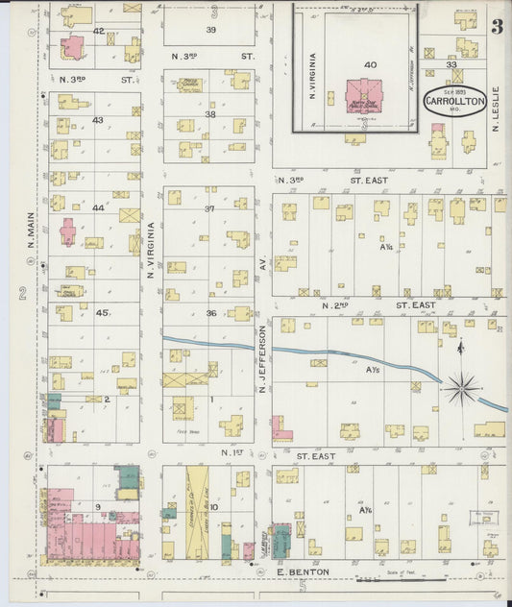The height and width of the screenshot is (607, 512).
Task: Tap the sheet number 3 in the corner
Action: click(497, 27)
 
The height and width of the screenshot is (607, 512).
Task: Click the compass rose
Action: click(461, 388)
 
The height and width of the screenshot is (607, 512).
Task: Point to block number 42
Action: click(98, 31)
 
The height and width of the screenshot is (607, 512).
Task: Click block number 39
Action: click(210, 30)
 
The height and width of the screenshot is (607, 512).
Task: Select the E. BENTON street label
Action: click(303, 571)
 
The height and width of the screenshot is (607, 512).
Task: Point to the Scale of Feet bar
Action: click(401, 579)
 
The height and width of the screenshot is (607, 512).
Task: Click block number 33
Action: click(452, 64)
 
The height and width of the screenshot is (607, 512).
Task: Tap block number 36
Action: click(210, 312)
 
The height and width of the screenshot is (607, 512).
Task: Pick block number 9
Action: click(97, 506)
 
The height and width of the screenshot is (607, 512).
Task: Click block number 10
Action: click(213, 506)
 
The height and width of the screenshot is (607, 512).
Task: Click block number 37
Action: click(210, 207)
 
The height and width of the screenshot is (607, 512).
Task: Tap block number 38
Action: click(210, 114)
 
